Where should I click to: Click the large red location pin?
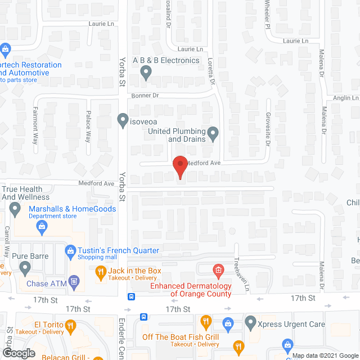(x=179, y=168)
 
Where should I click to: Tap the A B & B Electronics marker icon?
(x=146, y=71)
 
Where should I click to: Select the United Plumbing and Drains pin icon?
(x=213, y=134)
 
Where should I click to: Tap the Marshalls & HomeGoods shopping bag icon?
(x=41, y=227)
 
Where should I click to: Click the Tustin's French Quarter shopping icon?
(x=71, y=250)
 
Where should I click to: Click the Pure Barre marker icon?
(x=25, y=268)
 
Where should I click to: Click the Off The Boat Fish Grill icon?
(x=205, y=323)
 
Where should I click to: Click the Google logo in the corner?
(x=18, y=353)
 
